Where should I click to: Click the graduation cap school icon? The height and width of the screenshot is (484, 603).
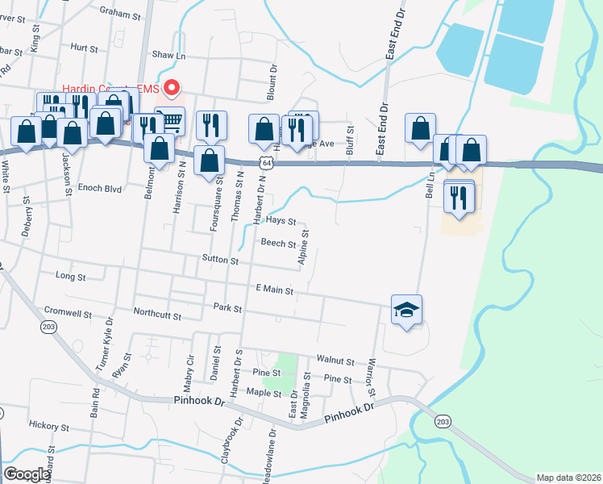coord(407,309)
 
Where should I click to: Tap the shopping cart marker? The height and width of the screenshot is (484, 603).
coord(170,121)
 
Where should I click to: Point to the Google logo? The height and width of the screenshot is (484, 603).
coord(27,474)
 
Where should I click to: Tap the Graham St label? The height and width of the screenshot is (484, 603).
coord(120,11)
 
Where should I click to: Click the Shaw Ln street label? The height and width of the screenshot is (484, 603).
coord(168,56)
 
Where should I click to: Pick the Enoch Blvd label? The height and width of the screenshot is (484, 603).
coord(100,188)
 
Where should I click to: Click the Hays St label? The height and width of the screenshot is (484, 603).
coord(281,220)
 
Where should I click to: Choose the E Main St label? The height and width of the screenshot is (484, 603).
coord(274,289)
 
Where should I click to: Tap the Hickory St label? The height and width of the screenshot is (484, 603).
coord(48,425)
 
